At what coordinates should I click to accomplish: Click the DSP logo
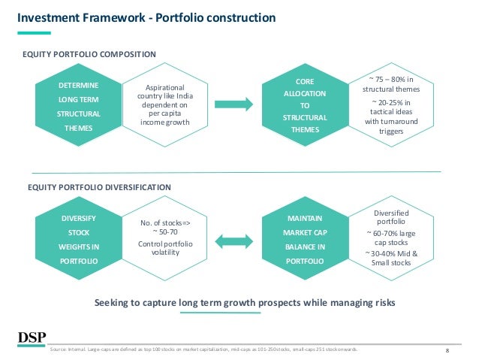(x=30, y=337)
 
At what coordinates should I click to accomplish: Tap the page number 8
(x=447, y=351)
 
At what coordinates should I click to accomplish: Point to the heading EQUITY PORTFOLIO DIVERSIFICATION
(x=98, y=186)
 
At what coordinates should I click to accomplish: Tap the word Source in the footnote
(x=57, y=350)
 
